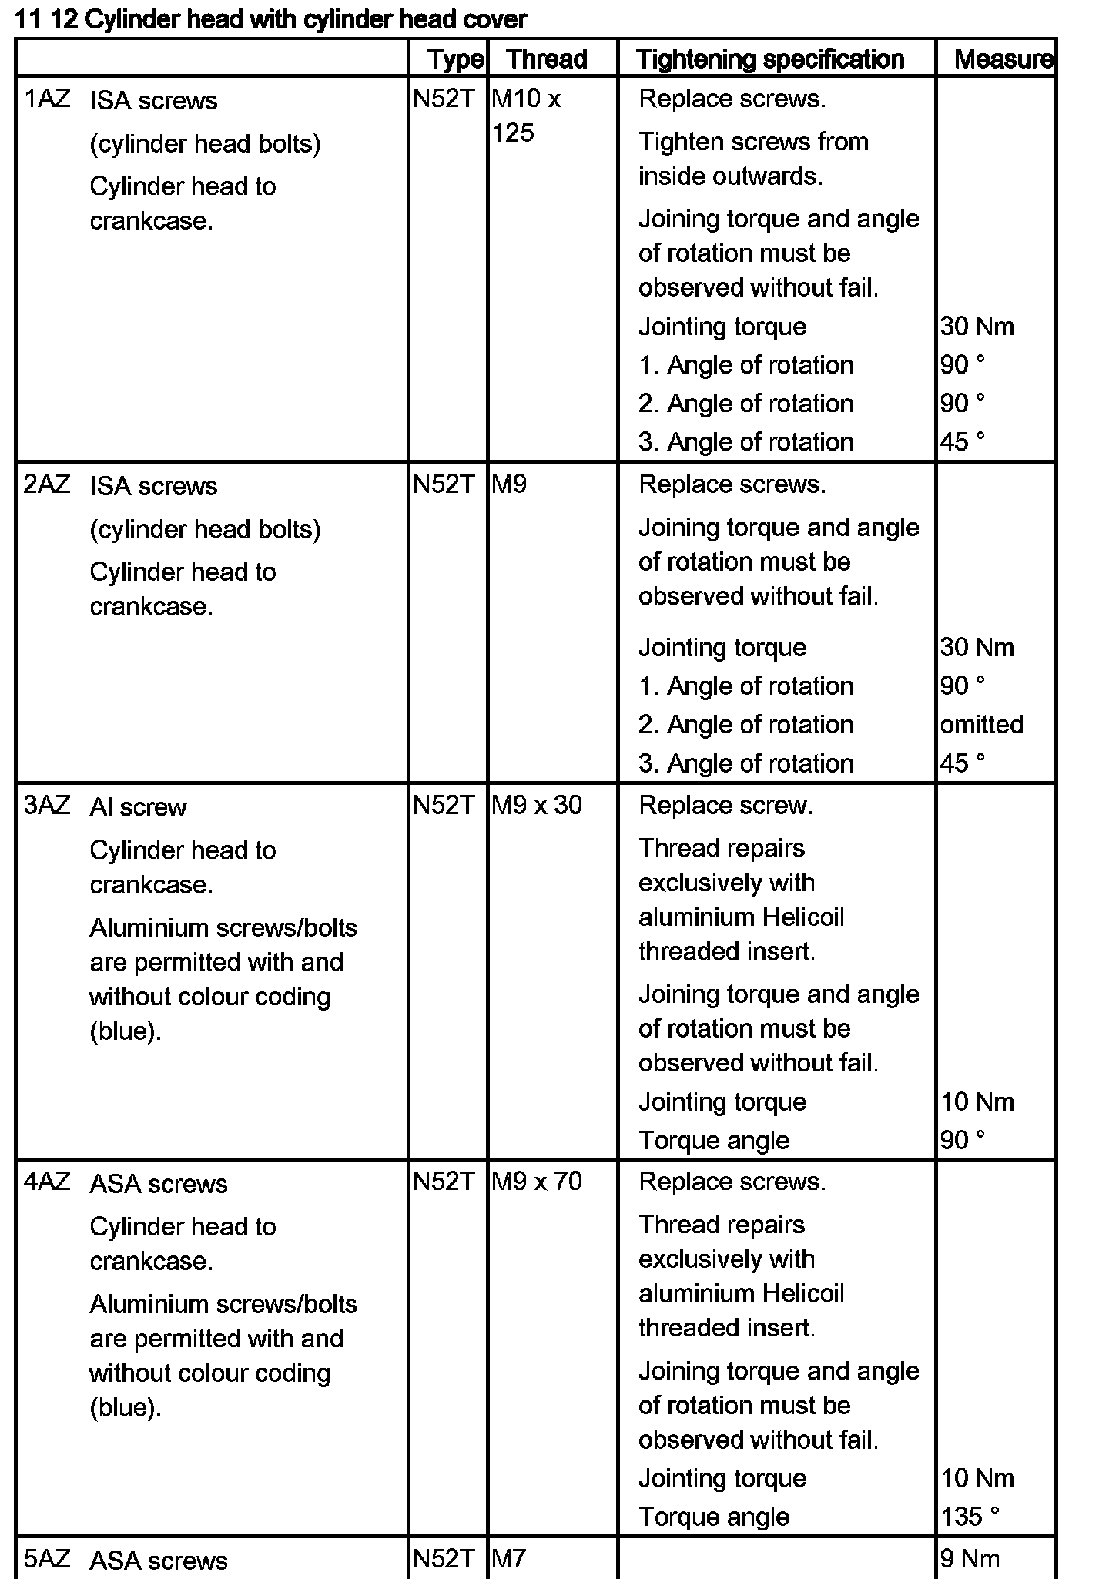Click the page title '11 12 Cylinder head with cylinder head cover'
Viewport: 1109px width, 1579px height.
270,19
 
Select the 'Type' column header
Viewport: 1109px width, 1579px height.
455,59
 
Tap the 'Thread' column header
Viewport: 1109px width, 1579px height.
547,59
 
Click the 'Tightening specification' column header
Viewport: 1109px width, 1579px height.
770,59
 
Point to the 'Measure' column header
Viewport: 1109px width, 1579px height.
1003,59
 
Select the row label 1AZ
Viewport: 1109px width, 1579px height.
47,99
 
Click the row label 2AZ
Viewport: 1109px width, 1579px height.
47,484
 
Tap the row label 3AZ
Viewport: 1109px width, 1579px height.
47,806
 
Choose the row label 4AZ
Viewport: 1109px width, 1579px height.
47,1182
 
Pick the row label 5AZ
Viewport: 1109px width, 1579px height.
47,1559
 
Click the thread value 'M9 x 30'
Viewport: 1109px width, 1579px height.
536,806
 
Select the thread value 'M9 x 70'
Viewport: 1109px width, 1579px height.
536,1182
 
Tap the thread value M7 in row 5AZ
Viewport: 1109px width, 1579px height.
508,1559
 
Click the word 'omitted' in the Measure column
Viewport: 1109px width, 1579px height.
981,725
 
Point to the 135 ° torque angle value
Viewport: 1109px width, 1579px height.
970,1517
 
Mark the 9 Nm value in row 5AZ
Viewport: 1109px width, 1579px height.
970,1559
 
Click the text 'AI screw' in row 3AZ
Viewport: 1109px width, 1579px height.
138,807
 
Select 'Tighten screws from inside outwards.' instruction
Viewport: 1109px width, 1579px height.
752,159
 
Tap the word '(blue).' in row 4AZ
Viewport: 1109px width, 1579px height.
126,1408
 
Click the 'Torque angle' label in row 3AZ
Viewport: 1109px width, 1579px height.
714,1141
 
